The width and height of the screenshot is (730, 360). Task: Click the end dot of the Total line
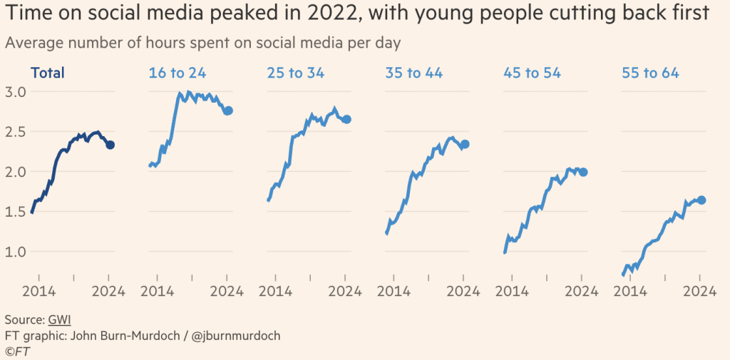tap(110, 145)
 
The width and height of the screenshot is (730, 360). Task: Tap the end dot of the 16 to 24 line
tap(228, 110)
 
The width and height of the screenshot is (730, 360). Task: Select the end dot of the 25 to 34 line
tap(346, 119)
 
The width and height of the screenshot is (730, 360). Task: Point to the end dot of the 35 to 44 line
tap(465, 145)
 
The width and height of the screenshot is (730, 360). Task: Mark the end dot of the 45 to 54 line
tap(583, 172)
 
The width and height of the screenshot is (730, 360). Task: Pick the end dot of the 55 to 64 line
tap(701, 200)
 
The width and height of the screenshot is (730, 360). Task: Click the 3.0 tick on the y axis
tap(16, 92)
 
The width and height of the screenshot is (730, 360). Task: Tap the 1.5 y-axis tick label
tap(16, 212)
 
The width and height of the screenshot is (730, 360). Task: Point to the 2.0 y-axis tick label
tap(16, 172)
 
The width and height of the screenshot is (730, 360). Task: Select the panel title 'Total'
tap(47, 73)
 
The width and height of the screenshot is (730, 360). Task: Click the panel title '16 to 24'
tap(176, 73)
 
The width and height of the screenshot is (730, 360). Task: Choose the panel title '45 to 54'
tap(532, 73)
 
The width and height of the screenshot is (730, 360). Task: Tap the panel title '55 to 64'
tap(650, 73)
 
